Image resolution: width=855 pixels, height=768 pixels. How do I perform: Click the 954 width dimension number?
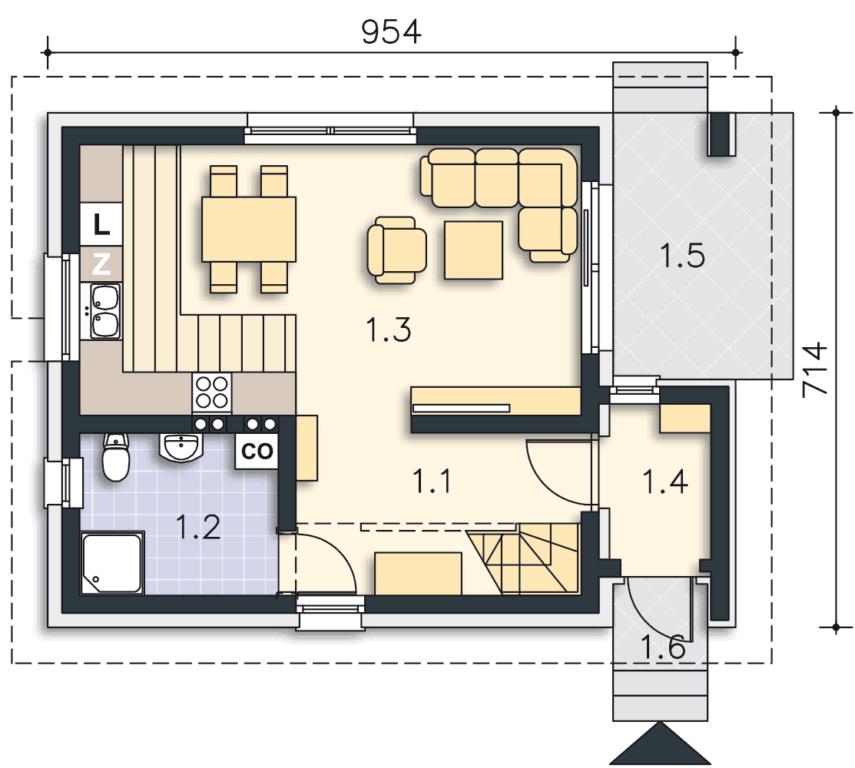coord(391,31)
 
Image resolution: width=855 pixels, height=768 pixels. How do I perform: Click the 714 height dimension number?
coord(815,369)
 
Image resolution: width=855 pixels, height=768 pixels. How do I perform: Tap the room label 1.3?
coord(389,329)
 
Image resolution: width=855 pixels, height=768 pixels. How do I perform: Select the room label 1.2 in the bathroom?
coord(198,527)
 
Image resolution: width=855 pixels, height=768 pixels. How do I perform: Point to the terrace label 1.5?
coord(682,256)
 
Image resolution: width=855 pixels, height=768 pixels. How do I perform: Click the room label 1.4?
coord(665,482)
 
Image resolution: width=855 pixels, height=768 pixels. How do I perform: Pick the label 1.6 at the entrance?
coord(662,647)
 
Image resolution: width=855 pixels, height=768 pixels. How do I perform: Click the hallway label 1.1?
coord(432,482)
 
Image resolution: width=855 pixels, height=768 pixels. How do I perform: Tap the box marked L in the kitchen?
coord(101,224)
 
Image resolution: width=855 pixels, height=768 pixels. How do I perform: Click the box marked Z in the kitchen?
coord(101,264)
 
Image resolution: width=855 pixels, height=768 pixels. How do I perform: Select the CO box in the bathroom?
coord(257,451)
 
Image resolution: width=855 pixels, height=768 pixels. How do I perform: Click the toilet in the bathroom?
coord(116,457)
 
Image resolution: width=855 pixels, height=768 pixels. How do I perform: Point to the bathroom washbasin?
coord(181,448)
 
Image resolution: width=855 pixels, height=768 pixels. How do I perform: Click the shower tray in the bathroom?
coord(112,563)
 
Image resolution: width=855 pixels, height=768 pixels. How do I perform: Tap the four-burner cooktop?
coord(211,392)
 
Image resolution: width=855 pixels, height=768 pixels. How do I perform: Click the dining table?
coord(249,230)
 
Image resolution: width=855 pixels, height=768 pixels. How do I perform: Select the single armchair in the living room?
coord(396,250)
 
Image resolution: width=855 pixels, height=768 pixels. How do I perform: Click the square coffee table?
coord(473,250)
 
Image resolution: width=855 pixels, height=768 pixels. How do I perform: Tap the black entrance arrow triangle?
coord(661,744)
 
